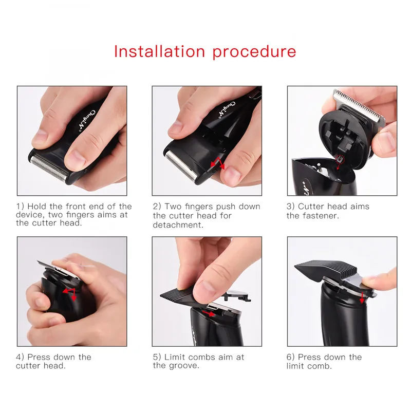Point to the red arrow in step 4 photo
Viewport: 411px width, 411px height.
pyautogui.click(x=69, y=294)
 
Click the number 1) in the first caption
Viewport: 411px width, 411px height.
pyautogui.click(x=20, y=207)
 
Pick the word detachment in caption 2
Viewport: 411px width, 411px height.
pyautogui.click(x=177, y=225)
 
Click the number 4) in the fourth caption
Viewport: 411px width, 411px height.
pyautogui.click(x=20, y=357)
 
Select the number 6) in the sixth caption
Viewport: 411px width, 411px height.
pyautogui.click(x=291, y=357)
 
